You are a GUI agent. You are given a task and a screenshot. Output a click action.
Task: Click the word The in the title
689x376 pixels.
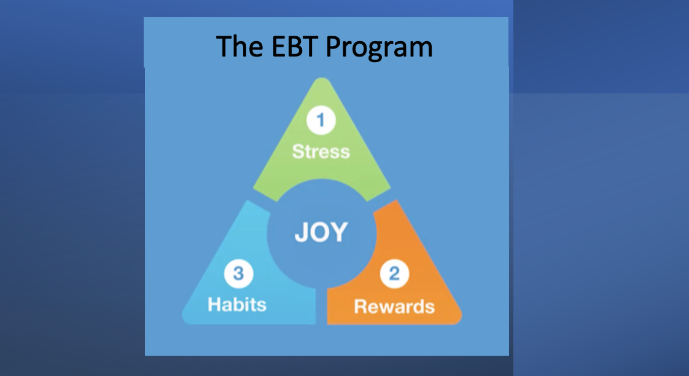pyautogui.click(x=239, y=47)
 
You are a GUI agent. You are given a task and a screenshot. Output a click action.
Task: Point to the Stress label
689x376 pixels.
pyautogui.click(x=321, y=151)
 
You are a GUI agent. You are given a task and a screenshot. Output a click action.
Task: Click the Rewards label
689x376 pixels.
pyautogui.click(x=394, y=305)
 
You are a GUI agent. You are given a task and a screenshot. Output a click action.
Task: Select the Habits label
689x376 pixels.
pyautogui.click(x=237, y=304)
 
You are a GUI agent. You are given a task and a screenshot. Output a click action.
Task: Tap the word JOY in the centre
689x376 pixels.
pyautogui.click(x=321, y=232)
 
